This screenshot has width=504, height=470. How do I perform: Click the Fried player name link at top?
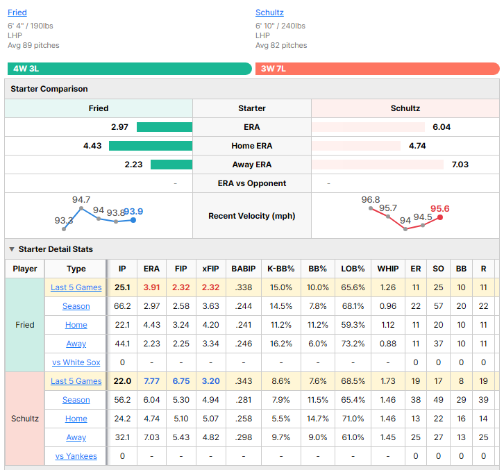17,12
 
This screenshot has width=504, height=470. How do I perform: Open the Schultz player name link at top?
269,12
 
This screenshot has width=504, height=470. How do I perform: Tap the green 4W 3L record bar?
130,69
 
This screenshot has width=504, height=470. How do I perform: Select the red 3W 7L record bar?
378,69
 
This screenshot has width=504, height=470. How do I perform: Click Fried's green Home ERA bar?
151,146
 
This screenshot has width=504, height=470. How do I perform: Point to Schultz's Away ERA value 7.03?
460,165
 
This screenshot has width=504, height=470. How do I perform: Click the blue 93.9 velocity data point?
133,220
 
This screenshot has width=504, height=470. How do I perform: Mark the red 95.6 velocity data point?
440,217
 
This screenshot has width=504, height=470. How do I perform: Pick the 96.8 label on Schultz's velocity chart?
370,200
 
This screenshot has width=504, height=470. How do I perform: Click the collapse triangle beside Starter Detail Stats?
12,249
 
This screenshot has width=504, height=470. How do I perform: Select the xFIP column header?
210,269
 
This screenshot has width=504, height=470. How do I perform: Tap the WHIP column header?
388,269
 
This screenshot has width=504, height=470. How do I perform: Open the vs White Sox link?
76,362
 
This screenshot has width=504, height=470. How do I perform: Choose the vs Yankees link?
76,456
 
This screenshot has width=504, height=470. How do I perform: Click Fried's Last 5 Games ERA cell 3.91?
151,287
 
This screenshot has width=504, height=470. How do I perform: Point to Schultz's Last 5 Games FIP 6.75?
181,381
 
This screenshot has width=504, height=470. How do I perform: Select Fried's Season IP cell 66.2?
122,306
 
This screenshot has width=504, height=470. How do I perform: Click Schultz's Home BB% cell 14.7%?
317,419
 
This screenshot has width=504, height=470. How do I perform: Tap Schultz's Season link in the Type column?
76,400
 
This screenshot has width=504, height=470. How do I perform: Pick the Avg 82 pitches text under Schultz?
281,45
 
